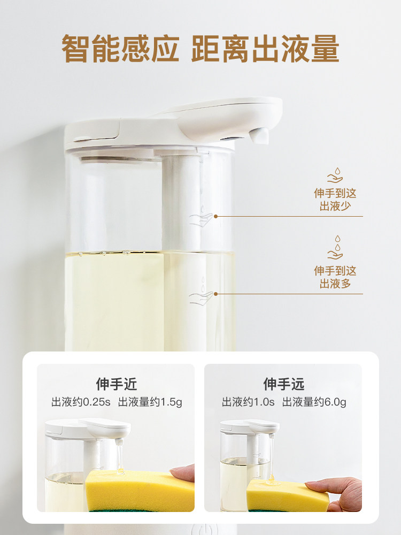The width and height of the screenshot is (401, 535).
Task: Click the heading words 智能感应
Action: coord(120,49)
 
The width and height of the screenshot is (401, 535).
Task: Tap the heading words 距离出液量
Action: coord(265,49)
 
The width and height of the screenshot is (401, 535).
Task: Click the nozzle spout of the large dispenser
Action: coord(259,135)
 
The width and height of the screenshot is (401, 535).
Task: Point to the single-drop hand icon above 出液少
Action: coord(335,175)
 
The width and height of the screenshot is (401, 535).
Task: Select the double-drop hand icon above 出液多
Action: coord(335,248)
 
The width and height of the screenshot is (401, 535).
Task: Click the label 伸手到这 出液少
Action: coord(335,200)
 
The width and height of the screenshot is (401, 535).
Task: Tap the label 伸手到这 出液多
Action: coord(335,277)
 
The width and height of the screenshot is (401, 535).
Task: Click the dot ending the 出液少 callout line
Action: coord(215,216)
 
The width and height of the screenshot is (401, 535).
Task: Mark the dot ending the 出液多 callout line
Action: coord(215,294)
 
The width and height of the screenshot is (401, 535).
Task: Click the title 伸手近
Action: coord(116,384)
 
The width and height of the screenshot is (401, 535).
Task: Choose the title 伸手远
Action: coord(284,384)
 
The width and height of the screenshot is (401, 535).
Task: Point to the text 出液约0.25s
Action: coord(81,402)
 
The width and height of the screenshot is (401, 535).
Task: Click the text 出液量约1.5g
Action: coord(150,402)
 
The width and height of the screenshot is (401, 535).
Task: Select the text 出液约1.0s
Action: coord(248,402)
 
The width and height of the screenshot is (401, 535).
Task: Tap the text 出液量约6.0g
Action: coord(314,402)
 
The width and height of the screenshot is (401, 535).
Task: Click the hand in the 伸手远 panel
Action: coord(336,494)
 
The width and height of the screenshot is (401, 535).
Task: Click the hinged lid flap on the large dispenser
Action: coord(92,131)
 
